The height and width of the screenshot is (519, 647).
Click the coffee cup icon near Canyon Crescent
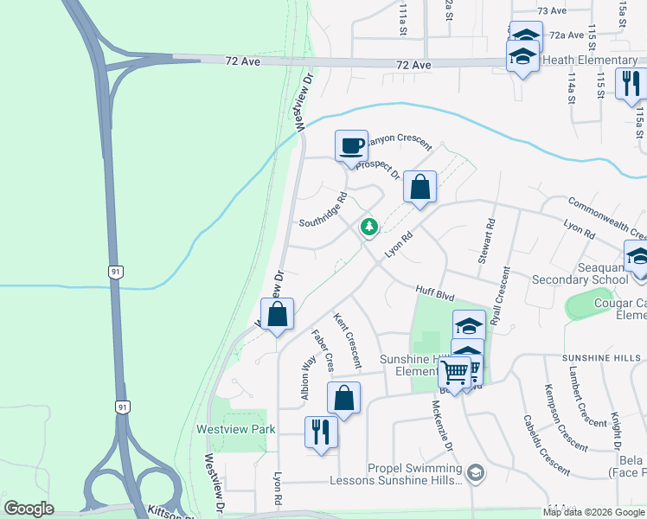(350, 144)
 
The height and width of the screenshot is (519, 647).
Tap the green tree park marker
(370, 227)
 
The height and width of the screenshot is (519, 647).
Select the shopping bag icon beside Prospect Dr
(420, 187)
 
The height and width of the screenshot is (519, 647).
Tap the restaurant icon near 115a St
(631, 83)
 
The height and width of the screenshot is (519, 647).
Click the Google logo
(29, 509)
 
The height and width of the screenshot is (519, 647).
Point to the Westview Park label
(235, 429)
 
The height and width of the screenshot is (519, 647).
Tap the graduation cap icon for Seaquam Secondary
(638, 257)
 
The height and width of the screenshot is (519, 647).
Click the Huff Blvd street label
(434, 295)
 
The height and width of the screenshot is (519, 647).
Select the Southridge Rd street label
(323, 209)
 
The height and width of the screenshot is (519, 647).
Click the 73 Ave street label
(551, 11)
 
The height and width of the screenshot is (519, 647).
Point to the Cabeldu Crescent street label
(546, 445)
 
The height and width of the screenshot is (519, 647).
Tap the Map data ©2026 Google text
(593, 512)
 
